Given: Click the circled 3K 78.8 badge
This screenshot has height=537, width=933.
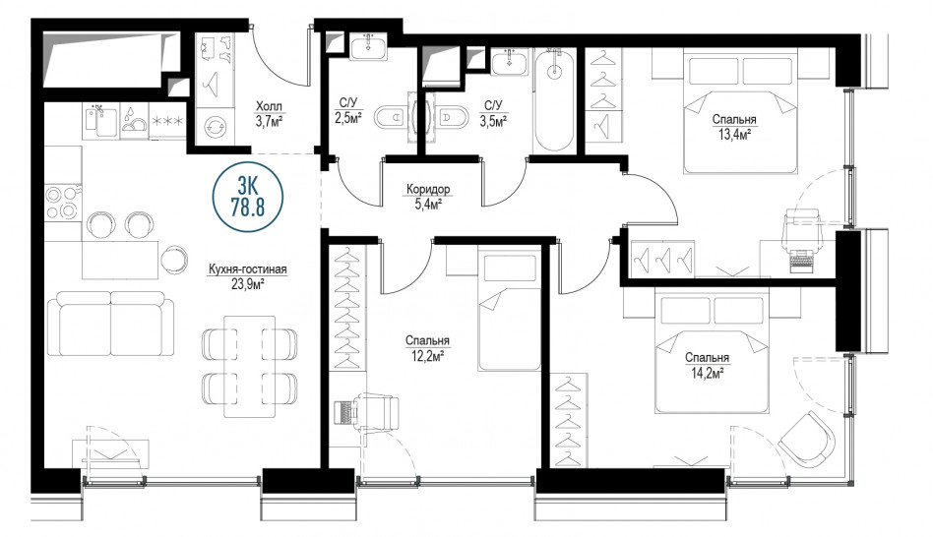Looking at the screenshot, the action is point(248,197).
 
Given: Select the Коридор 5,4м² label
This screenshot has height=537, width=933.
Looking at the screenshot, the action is point(428,197).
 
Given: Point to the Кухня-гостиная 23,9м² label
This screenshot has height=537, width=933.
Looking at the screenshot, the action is point(248,276).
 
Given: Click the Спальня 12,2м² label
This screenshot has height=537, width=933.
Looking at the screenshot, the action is point(427,348).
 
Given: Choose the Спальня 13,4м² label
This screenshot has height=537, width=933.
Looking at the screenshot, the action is point(734,127).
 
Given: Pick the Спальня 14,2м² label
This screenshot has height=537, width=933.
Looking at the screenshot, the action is point(707,365).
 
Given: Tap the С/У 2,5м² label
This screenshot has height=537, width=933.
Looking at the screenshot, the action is point(348,110).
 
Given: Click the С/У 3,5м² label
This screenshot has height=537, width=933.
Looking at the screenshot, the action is point(493,113).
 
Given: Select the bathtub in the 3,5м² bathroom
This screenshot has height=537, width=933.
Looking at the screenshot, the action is point(554,101).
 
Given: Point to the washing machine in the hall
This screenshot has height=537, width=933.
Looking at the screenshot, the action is point(215,126).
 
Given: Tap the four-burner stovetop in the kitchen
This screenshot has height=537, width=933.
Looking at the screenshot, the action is point(62,203).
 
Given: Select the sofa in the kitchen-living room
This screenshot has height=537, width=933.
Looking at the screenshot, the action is point(110,324).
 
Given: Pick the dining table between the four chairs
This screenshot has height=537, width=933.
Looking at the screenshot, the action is point(249,366).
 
